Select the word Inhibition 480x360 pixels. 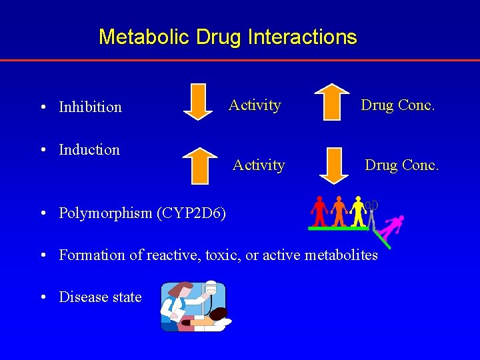click(90, 107)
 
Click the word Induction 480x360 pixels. click(89, 149)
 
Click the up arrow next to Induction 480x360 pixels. click(198, 165)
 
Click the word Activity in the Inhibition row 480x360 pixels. click(255, 105)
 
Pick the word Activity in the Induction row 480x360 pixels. click(259, 165)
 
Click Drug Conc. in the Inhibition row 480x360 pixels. click(397, 105)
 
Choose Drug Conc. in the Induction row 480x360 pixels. click(401, 165)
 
